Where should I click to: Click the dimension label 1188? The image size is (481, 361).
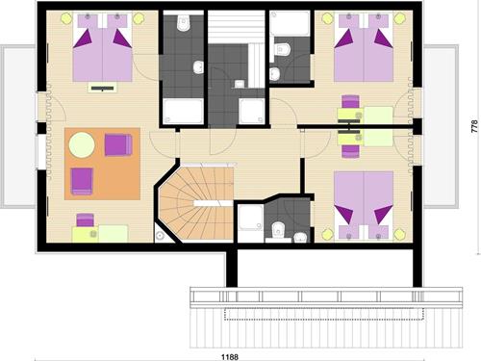[230, 357]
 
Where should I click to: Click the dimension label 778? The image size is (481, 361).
[474, 126]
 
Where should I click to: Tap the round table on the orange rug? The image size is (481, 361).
[82, 145]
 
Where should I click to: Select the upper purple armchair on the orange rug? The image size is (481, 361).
[118, 145]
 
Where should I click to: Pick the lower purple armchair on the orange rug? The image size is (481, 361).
[82, 181]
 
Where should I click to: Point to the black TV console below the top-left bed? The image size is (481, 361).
[102, 88]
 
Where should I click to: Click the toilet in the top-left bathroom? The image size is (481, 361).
[184, 22]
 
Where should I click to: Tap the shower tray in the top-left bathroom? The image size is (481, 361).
[183, 111]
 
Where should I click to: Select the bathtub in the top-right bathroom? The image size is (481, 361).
[290, 23]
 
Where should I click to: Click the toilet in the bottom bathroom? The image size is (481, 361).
[278, 231]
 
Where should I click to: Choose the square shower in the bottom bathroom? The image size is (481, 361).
[251, 218]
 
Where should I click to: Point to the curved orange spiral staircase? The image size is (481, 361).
[196, 203]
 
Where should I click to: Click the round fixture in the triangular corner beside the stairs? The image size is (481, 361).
[160, 236]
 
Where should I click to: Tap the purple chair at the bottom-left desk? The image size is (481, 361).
[85, 219]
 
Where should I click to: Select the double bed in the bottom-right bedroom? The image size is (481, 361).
[364, 205]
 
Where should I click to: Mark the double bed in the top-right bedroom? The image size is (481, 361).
[364, 47]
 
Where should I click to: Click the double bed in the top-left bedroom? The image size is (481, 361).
[103, 47]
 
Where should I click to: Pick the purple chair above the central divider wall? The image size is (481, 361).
[350, 101]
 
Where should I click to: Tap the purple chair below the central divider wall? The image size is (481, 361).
[350, 151]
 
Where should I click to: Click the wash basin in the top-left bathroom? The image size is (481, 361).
[198, 67]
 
